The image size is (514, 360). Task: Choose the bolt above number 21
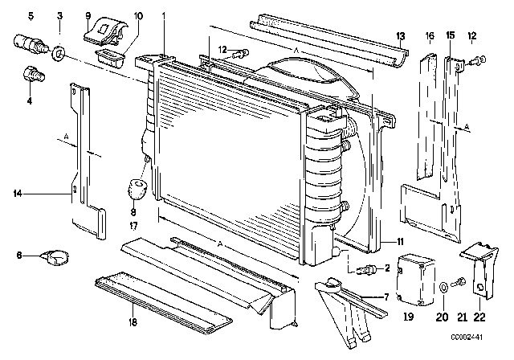pos(459,282)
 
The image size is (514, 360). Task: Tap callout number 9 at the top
pos(88,16)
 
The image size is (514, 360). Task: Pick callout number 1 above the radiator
pos(165,16)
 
